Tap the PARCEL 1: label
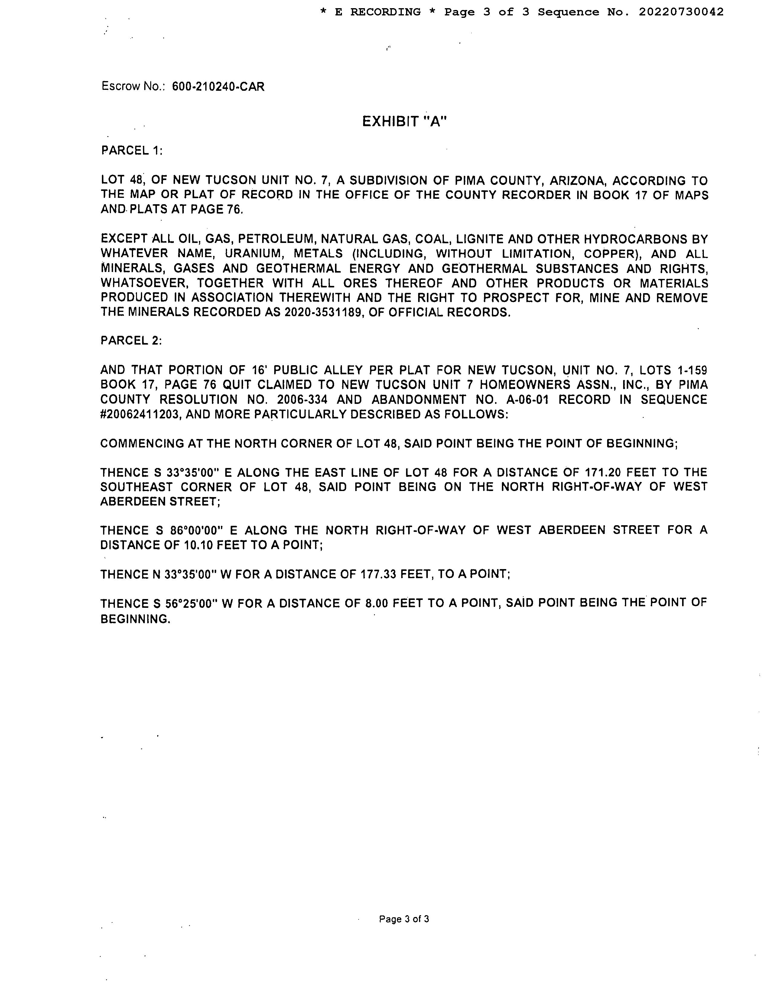pos(132,150)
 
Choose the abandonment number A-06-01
pos(527,400)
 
